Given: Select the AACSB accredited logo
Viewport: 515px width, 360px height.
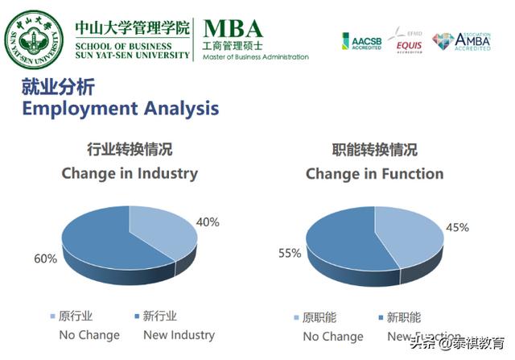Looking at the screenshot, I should coord(361,41).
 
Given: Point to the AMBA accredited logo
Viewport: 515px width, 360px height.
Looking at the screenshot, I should coord(461,41).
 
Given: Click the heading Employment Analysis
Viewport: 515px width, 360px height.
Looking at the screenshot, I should coord(120,107).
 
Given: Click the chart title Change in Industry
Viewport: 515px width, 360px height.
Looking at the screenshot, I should coord(129,173).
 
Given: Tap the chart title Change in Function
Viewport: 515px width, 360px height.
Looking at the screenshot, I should coord(374,173).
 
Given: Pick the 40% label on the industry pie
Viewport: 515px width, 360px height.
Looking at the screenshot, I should coord(208,221).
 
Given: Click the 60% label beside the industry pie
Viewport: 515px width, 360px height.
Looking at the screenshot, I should coord(45,259).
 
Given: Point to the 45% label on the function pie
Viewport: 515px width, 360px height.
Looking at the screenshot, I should coord(457,227).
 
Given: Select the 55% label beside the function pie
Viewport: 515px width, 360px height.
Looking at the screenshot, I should coord(290,253).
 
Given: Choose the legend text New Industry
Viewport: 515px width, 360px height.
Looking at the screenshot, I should coord(179,334).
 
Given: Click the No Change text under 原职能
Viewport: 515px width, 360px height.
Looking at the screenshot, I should coord(333,337).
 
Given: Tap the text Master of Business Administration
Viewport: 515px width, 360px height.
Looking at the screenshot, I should coord(256,57).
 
